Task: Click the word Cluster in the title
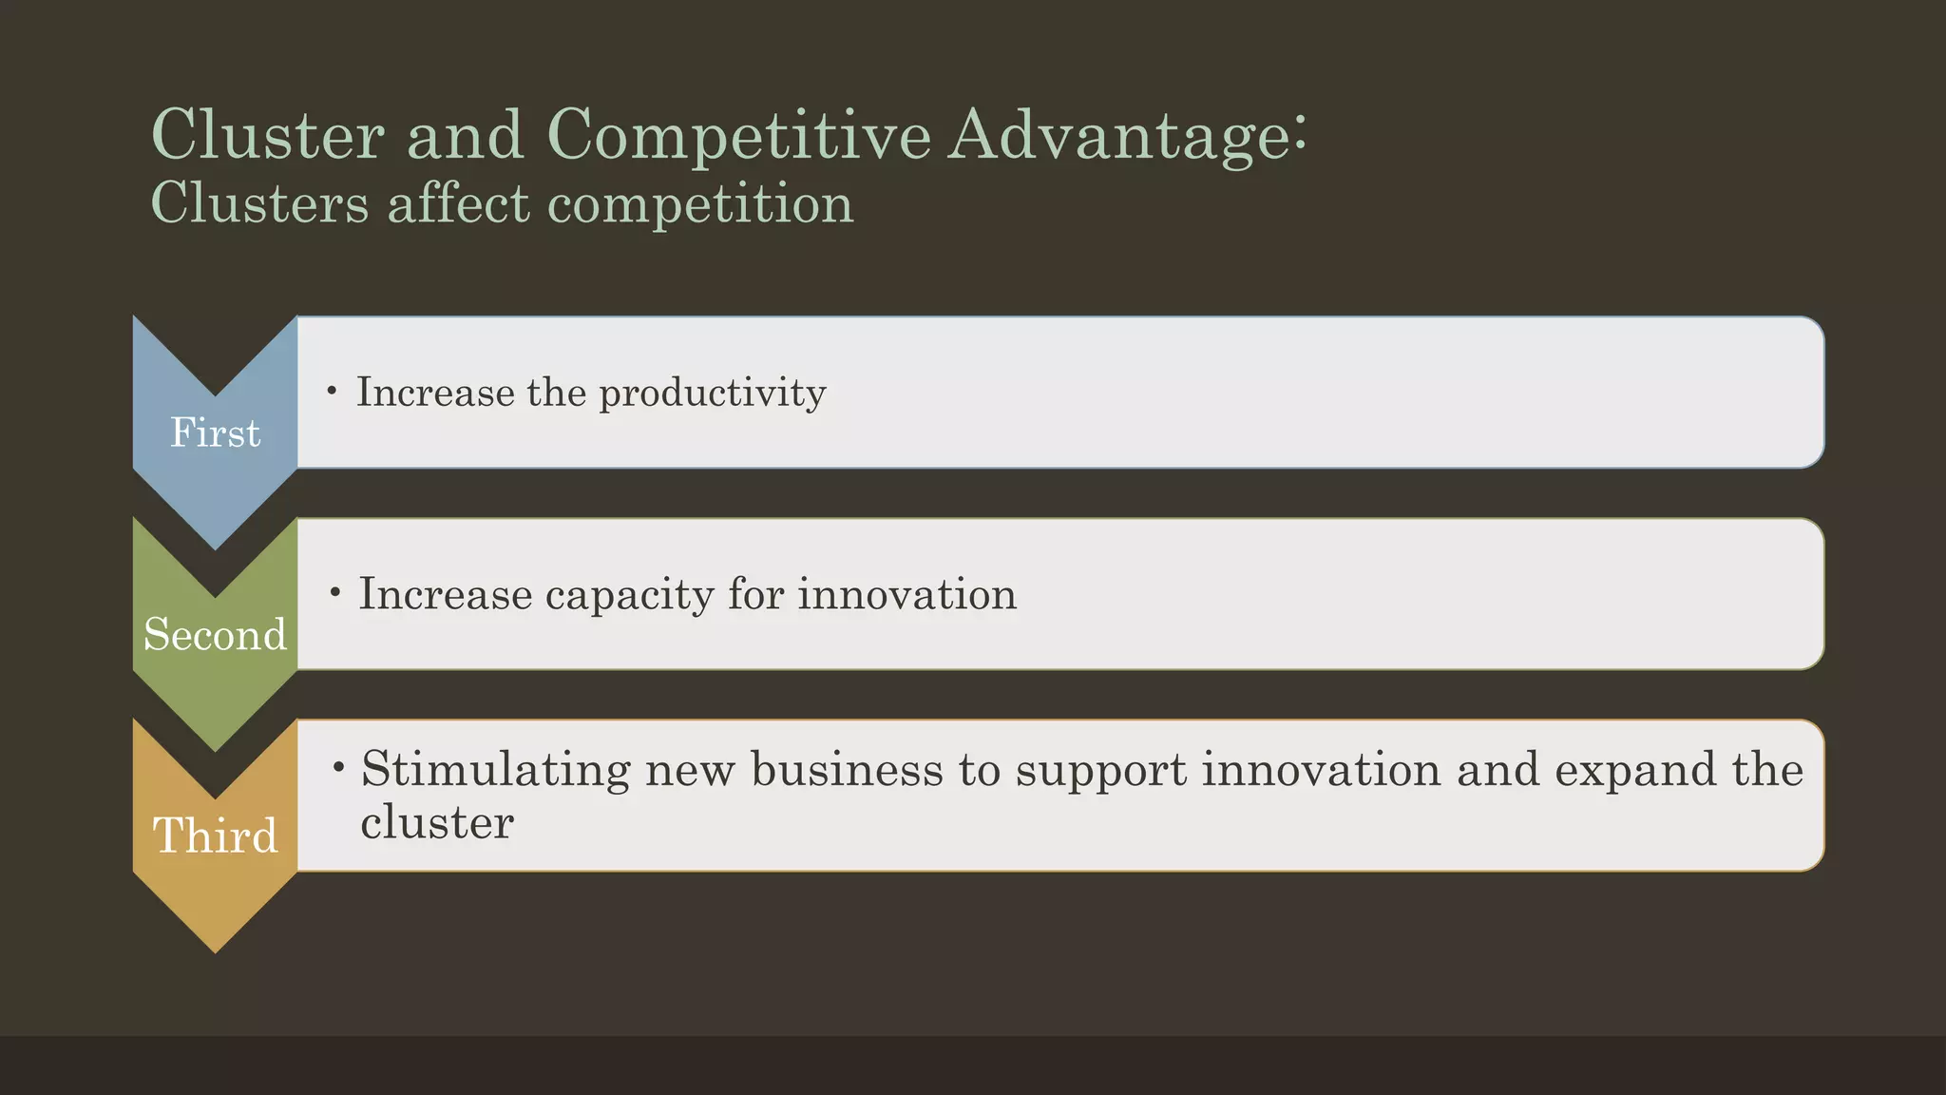[x=267, y=135]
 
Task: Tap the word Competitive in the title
[x=738, y=135]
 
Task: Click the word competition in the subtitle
[x=700, y=204]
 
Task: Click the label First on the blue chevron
[x=215, y=433]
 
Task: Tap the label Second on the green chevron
[x=215, y=635]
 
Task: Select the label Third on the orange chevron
[x=215, y=837]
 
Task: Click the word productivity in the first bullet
[x=712, y=394]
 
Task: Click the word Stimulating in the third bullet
[x=495, y=769]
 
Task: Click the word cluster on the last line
[x=437, y=822]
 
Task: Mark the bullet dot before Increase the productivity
[x=331, y=391]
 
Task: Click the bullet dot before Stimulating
[x=338, y=766]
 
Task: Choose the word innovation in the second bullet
[x=906, y=595]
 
